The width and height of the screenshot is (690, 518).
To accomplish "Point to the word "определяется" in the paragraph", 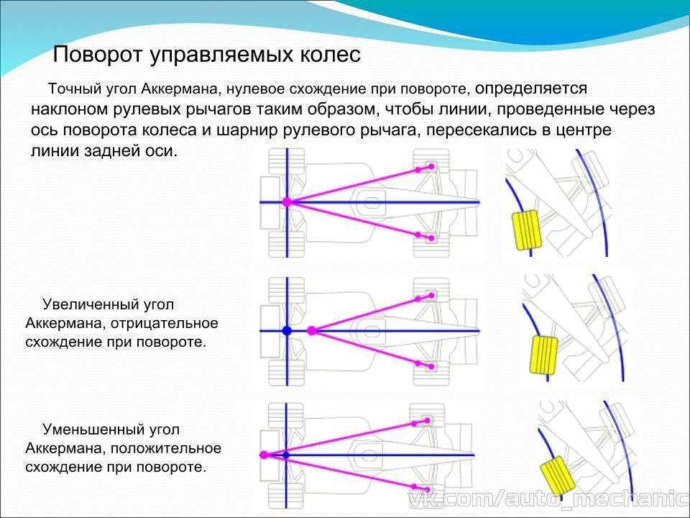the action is (531, 88).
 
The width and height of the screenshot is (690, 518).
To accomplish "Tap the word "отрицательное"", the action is (165, 323).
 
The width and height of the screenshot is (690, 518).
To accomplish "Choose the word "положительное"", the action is (166, 448).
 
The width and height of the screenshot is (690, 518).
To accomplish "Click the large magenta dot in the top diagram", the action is (287, 202).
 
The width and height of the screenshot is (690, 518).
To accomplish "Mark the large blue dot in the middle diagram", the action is (287, 330).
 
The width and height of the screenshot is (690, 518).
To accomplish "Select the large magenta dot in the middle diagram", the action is (311, 330).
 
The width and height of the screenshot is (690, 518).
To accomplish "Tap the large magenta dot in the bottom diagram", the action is (264, 455).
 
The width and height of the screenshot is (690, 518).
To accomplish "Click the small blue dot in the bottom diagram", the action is (285, 455).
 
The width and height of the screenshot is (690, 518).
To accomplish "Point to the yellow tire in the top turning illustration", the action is (526, 230).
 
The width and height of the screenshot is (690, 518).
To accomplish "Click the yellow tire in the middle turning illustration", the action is (543, 355).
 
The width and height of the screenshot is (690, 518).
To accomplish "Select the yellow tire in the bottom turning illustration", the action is (558, 476).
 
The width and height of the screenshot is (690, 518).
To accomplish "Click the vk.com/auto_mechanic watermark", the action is (548, 499).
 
